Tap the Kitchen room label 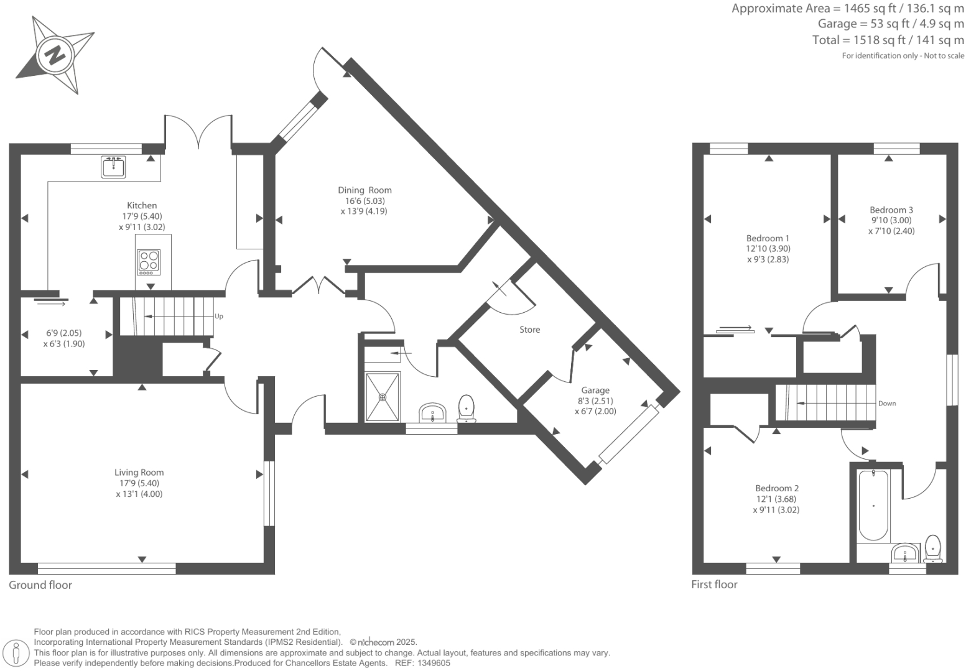click(142, 205)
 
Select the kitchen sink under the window click(114, 167)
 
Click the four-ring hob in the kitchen click(149, 262)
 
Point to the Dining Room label click(365, 190)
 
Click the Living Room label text click(139, 473)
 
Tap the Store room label click(530, 330)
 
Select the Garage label click(595, 391)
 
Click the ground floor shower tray click(383, 396)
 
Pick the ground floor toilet click(467, 409)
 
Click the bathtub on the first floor click(873, 506)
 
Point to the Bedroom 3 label click(891, 210)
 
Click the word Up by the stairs click(218, 317)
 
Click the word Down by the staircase click(887, 404)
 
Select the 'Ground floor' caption click(40, 585)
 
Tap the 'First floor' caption click(714, 585)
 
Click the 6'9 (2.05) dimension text click(64, 333)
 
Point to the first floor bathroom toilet click(933, 548)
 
